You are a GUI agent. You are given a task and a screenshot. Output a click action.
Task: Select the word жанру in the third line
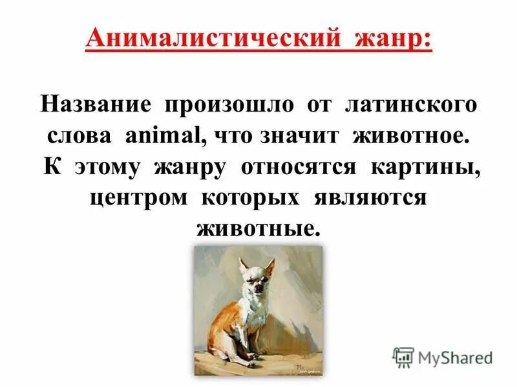click(189, 167)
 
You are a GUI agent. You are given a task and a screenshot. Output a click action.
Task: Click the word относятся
click(299, 167)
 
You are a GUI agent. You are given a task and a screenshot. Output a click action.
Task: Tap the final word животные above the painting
click(258, 228)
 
